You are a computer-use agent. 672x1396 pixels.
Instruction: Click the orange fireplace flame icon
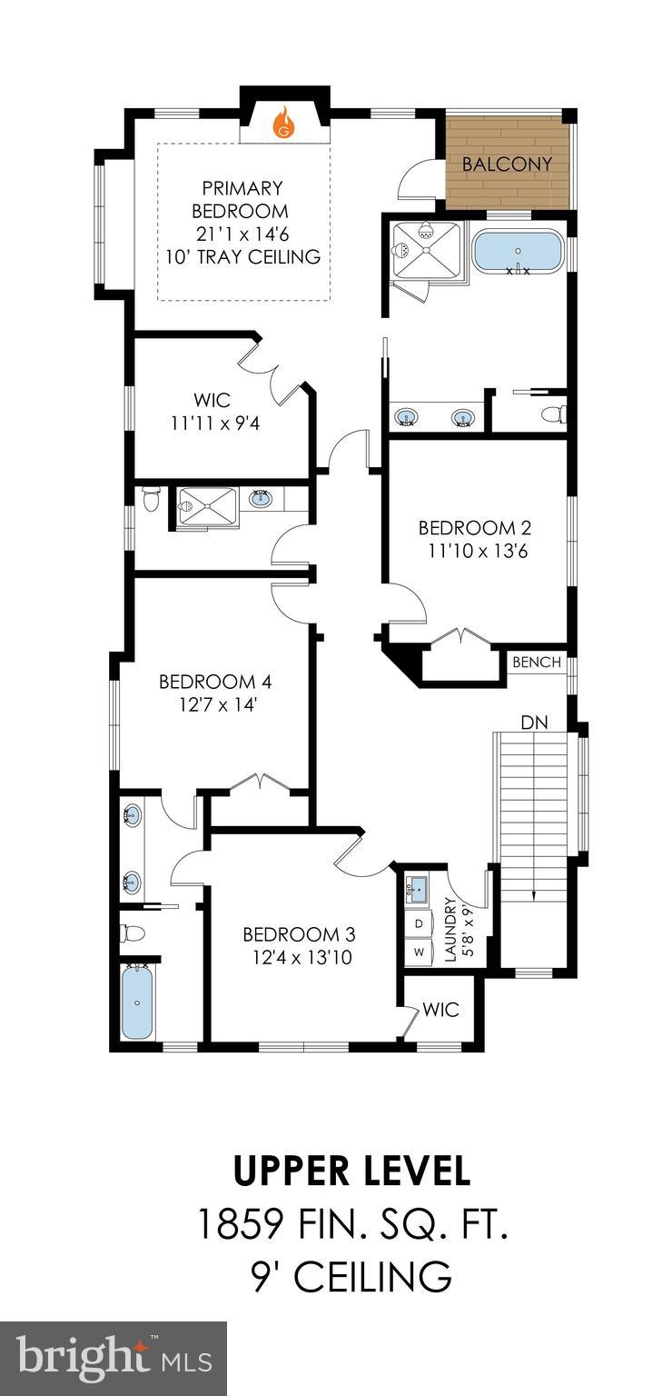tap(285, 122)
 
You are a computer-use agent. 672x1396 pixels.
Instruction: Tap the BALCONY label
tap(507, 165)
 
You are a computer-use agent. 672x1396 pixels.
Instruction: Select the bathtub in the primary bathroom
tap(518, 251)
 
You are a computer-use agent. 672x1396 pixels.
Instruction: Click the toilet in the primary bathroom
tap(553, 414)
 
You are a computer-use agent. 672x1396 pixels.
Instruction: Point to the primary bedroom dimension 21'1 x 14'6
tap(242, 234)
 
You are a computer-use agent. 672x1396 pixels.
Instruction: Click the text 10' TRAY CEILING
tap(242, 257)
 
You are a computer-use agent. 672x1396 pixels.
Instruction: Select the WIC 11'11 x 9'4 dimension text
tap(215, 424)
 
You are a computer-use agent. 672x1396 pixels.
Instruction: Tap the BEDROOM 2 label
tap(474, 528)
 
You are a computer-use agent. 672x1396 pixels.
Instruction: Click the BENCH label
tap(537, 663)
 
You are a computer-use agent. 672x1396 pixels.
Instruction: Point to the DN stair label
tap(533, 722)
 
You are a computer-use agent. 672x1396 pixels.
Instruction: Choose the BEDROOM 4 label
tap(215, 682)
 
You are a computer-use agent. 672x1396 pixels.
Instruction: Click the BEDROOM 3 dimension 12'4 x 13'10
tap(298, 957)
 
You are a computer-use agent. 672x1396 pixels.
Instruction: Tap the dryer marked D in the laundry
tap(419, 923)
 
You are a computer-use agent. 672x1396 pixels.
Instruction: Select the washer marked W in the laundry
tap(419, 952)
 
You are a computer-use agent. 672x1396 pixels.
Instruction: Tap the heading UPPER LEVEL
tap(352, 1172)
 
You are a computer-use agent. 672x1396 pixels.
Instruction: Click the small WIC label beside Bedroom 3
tap(441, 1010)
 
